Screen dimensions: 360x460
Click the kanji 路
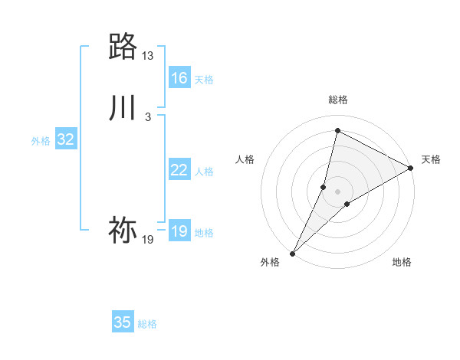coord(123,47)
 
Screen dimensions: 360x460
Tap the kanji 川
coord(123,107)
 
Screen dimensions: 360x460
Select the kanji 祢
coord(123,230)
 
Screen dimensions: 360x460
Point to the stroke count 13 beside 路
coord(148,56)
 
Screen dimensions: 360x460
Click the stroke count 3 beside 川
coord(148,116)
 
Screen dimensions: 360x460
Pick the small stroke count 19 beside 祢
coord(148,240)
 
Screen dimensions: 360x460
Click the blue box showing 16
coord(179,78)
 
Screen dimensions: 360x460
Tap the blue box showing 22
coord(179,170)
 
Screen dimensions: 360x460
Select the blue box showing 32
coord(66,139)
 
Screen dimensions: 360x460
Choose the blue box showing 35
coord(123,322)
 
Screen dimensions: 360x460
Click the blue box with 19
coord(179,231)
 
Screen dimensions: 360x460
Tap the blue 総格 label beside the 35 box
coord(147,324)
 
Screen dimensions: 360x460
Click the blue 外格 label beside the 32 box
coord(41,141)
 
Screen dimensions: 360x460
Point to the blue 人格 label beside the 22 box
coord(205,172)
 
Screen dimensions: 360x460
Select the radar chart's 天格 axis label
coord(432,159)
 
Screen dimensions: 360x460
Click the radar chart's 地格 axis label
coord(402,262)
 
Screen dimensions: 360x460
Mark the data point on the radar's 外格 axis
coord(292,254)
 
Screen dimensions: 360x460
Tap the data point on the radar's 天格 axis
coord(411,168)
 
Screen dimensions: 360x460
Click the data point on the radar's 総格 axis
coord(337,131)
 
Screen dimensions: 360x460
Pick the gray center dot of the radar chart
coord(337,191)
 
